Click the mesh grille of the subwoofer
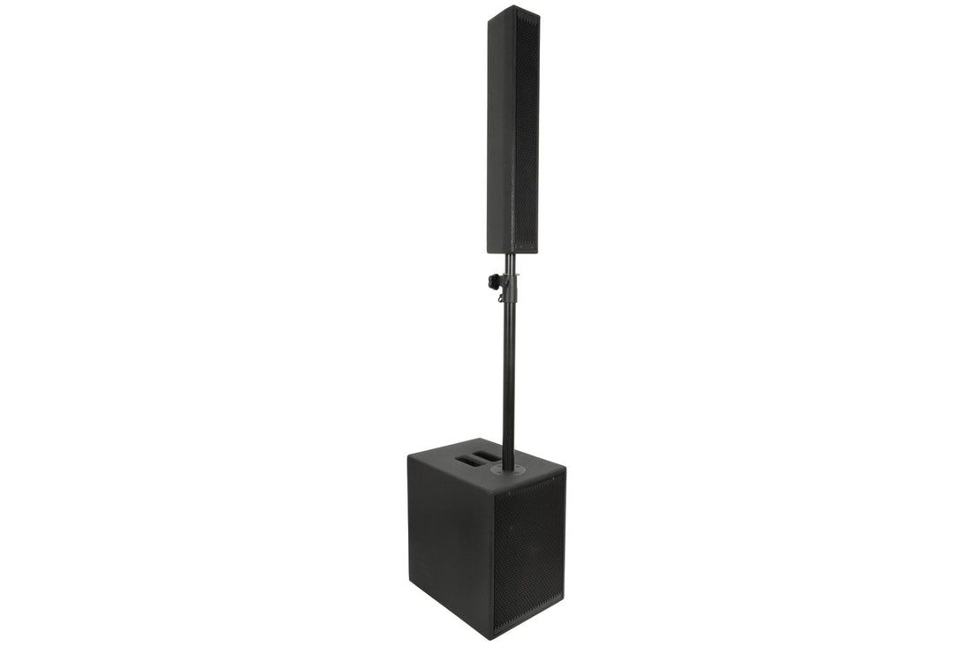click(529, 547)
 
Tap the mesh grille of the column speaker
click(527, 132)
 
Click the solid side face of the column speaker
click(501, 132)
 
